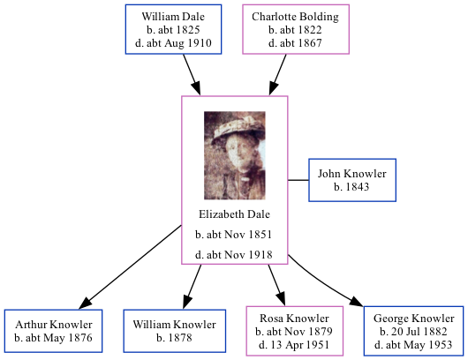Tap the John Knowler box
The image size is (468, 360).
(x=352, y=180)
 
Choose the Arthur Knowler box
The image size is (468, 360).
(x=53, y=331)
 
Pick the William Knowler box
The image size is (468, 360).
(x=174, y=331)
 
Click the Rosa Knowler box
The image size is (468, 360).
(x=294, y=331)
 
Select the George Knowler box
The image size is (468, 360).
(x=413, y=331)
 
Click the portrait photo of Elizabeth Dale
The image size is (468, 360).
(x=234, y=155)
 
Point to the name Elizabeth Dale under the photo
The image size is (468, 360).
(x=234, y=214)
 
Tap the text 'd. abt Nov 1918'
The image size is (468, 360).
(x=234, y=254)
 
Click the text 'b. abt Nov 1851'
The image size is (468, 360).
(x=234, y=235)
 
